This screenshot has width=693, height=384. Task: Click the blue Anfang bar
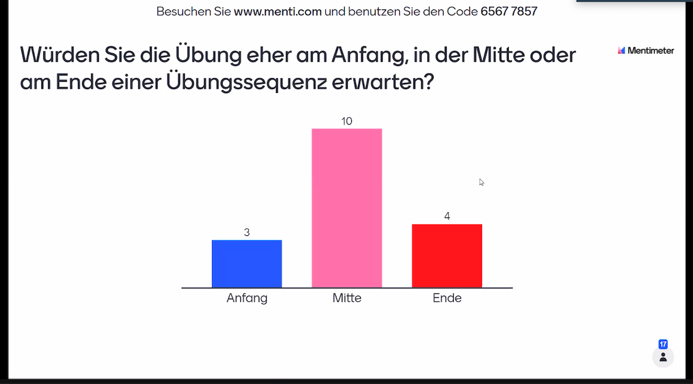(x=246, y=264)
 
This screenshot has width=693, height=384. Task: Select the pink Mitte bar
(x=346, y=208)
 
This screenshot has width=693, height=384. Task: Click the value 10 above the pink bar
(x=346, y=121)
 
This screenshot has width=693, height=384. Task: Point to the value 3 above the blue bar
(x=247, y=232)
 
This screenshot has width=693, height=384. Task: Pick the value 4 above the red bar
(x=447, y=216)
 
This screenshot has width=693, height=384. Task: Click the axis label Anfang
(x=246, y=298)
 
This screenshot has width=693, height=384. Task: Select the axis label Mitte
(x=346, y=298)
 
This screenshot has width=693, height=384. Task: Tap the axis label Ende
(x=447, y=298)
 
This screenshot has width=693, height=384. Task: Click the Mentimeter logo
(x=646, y=50)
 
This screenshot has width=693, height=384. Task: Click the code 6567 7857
(x=509, y=11)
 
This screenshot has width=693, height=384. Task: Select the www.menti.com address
(x=278, y=11)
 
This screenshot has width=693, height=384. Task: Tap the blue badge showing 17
(x=663, y=344)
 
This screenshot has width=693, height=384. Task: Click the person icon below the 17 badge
(x=663, y=357)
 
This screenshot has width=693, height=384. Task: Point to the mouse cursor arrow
(x=481, y=182)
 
